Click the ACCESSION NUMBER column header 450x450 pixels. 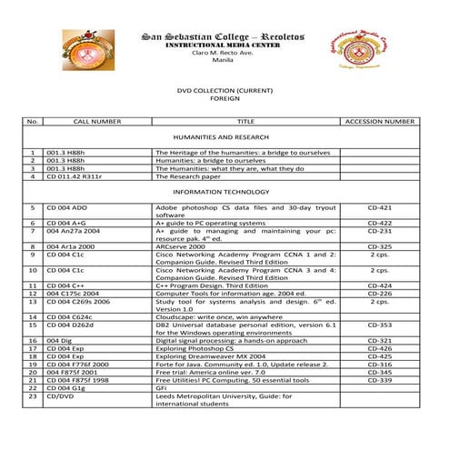tap(380, 121)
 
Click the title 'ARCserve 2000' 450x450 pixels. tap(181, 246)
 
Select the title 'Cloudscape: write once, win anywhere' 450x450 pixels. tap(217, 316)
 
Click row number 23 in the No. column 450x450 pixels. tap(32, 396)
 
